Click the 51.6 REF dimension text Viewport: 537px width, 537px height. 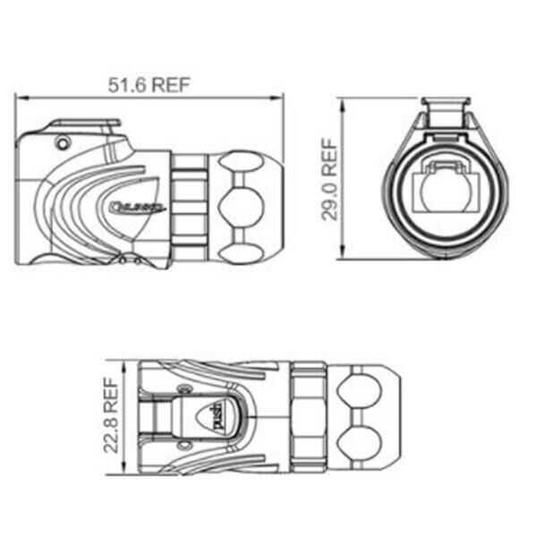point(150,85)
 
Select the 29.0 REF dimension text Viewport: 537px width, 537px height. point(330,179)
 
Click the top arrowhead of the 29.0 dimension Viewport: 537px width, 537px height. point(345,100)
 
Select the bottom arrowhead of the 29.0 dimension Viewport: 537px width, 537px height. point(345,256)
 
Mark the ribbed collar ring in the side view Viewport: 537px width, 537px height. point(191,208)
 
